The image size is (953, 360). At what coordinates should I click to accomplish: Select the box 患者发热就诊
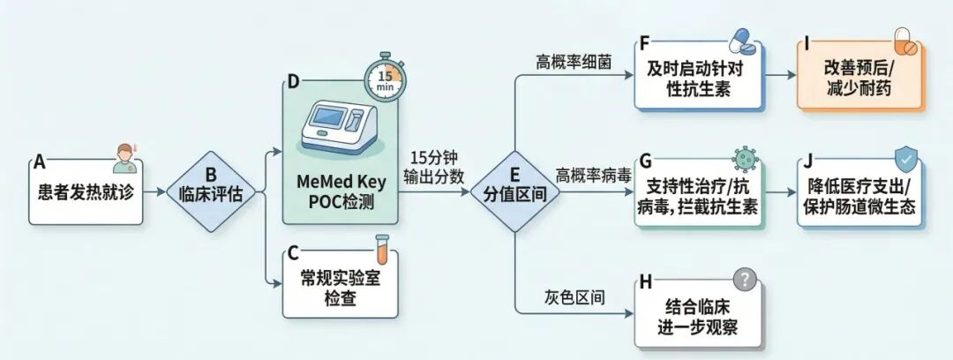pyautogui.click(x=86, y=191)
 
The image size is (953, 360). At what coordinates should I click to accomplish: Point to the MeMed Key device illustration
pyautogui.click(x=341, y=131)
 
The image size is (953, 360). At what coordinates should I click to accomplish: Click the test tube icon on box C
pyautogui.click(x=382, y=246)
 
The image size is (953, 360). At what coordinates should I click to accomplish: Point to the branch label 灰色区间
pyautogui.click(x=573, y=297)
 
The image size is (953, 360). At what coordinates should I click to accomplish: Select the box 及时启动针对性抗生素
pyautogui.click(x=698, y=79)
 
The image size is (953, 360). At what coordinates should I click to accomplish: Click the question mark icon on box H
pyautogui.click(x=746, y=280)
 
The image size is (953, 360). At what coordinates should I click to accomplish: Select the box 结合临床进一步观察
pyautogui.click(x=697, y=316)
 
